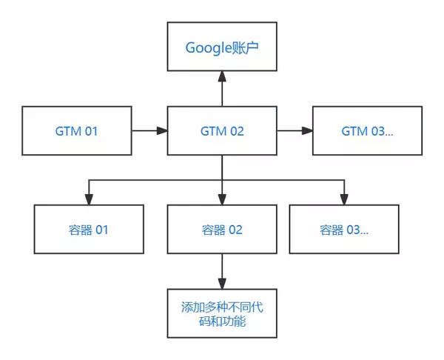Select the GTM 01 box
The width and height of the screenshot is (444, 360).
[76, 131]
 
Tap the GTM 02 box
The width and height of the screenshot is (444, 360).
[222, 131]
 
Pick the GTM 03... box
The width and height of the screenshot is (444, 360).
[367, 131]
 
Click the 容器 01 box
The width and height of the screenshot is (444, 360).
[88, 230]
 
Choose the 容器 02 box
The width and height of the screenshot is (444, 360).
[222, 230]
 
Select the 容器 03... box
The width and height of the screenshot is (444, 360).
[343, 230]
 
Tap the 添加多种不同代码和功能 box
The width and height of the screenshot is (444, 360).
[222, 315]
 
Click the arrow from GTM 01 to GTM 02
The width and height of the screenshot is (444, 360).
[149, 131]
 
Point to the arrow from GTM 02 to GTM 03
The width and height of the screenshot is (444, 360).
[295, 131]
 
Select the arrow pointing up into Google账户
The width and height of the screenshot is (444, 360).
[222, 89]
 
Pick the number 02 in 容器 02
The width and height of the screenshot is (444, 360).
[235, 230]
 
